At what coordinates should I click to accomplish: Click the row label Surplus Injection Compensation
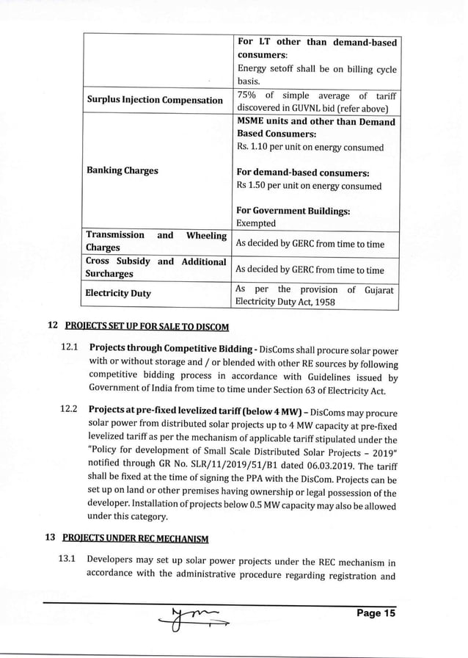[x=154, y=100]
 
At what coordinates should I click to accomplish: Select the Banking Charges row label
[x=122, y=170]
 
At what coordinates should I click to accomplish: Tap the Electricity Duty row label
[x=118, y=293]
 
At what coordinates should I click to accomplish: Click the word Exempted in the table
[x=255, y=223]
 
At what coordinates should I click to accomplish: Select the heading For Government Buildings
[x=293, y=211]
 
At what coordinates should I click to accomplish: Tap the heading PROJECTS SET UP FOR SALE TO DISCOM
[x=147, y=326]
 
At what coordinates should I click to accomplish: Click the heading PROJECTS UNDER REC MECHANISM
[x=136, y=539]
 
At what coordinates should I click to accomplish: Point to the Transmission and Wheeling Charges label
[x=156, y=242]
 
